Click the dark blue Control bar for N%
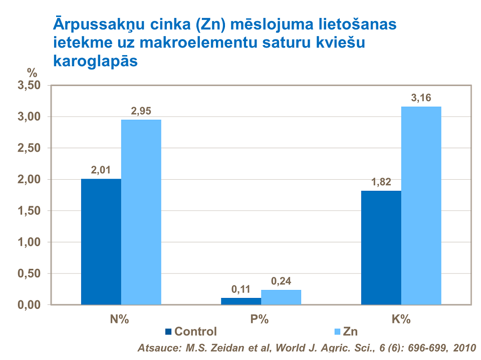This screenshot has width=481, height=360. [101, 241]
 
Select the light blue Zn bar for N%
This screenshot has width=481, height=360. [141, 212]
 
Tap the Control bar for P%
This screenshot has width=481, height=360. [241, 301]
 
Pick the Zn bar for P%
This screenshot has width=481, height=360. [281, 297]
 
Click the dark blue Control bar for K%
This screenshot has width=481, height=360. [381, 247]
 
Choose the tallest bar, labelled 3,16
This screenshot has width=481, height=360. [421, 205]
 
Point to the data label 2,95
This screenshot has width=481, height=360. [141, 111]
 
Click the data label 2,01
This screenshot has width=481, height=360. [101, 170]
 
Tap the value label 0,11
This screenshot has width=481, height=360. [241, 289]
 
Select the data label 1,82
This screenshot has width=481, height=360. [381, 182]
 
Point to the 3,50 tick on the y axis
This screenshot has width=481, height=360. [29, 86]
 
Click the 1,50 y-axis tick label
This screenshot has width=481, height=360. [29, 211]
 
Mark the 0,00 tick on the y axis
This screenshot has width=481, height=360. [29, 304]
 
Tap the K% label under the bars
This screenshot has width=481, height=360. [401, 320]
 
